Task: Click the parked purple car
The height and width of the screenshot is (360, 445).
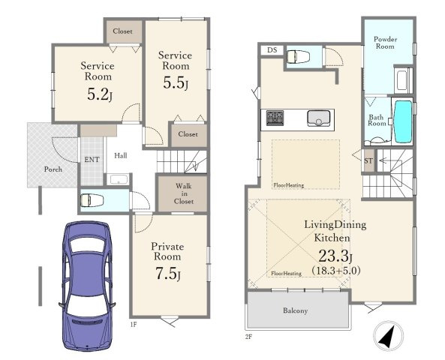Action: click(87, 286)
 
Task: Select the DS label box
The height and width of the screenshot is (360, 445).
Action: click(272, 50)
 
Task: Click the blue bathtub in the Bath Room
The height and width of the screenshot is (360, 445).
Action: click(403, 121)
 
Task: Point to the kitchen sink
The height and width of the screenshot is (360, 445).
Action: click(318, 118)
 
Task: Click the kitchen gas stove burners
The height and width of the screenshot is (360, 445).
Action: click(275, 118)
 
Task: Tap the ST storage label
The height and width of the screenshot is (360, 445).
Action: click(368, 160)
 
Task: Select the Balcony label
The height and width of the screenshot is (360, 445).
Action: click(295, 310)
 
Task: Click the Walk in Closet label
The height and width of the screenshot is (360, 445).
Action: click(184, 193)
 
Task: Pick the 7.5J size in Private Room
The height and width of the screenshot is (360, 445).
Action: click(168, 274)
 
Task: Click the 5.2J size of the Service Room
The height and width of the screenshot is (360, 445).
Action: click(100, 94)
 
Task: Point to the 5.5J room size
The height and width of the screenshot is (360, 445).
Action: click(176, 82)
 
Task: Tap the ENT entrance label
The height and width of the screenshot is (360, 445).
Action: click(92, 160)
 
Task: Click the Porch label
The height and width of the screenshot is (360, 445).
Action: click(53, 169)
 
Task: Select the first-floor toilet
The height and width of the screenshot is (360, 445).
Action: click(92, 200)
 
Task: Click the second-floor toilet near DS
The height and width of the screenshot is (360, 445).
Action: click(298, 57)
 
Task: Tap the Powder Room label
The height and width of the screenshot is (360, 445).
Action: click(385, 43)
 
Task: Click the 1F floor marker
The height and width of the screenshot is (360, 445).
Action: click(134, 324)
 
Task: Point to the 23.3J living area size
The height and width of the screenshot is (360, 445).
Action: click(335, 256)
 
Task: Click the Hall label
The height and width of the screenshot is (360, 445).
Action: click(121, 155)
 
